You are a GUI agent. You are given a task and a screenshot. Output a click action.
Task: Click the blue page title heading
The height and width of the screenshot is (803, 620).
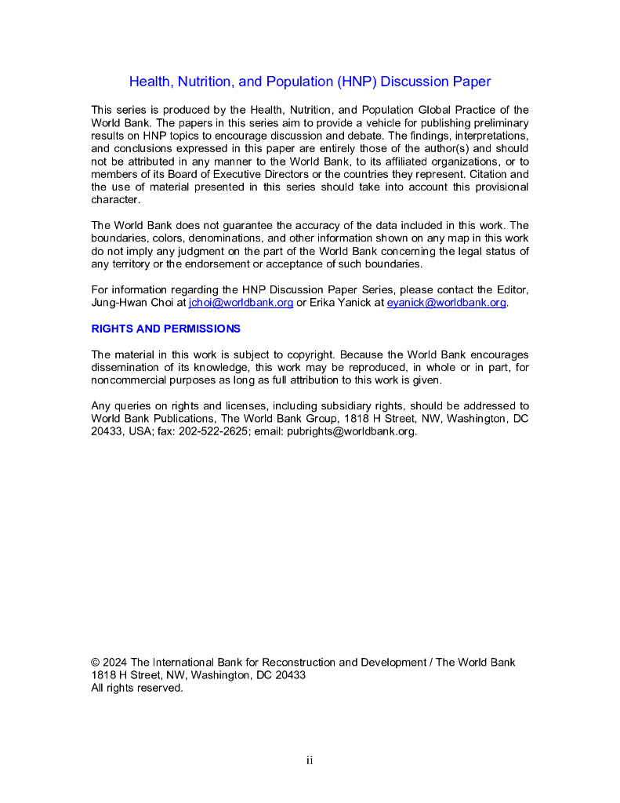pos(310,82)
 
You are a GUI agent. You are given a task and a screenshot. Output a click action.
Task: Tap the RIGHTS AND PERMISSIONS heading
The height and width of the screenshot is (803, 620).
pos(166,329)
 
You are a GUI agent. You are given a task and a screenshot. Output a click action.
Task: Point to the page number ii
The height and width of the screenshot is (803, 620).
pos(310,760)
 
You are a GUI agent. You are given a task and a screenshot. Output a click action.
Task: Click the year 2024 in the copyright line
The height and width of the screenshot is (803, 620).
pos(115,663)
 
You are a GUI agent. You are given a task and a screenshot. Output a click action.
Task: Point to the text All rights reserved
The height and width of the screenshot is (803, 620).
pos(137,688)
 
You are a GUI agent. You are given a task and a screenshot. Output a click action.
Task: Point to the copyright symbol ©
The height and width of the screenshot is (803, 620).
pos(96,663)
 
